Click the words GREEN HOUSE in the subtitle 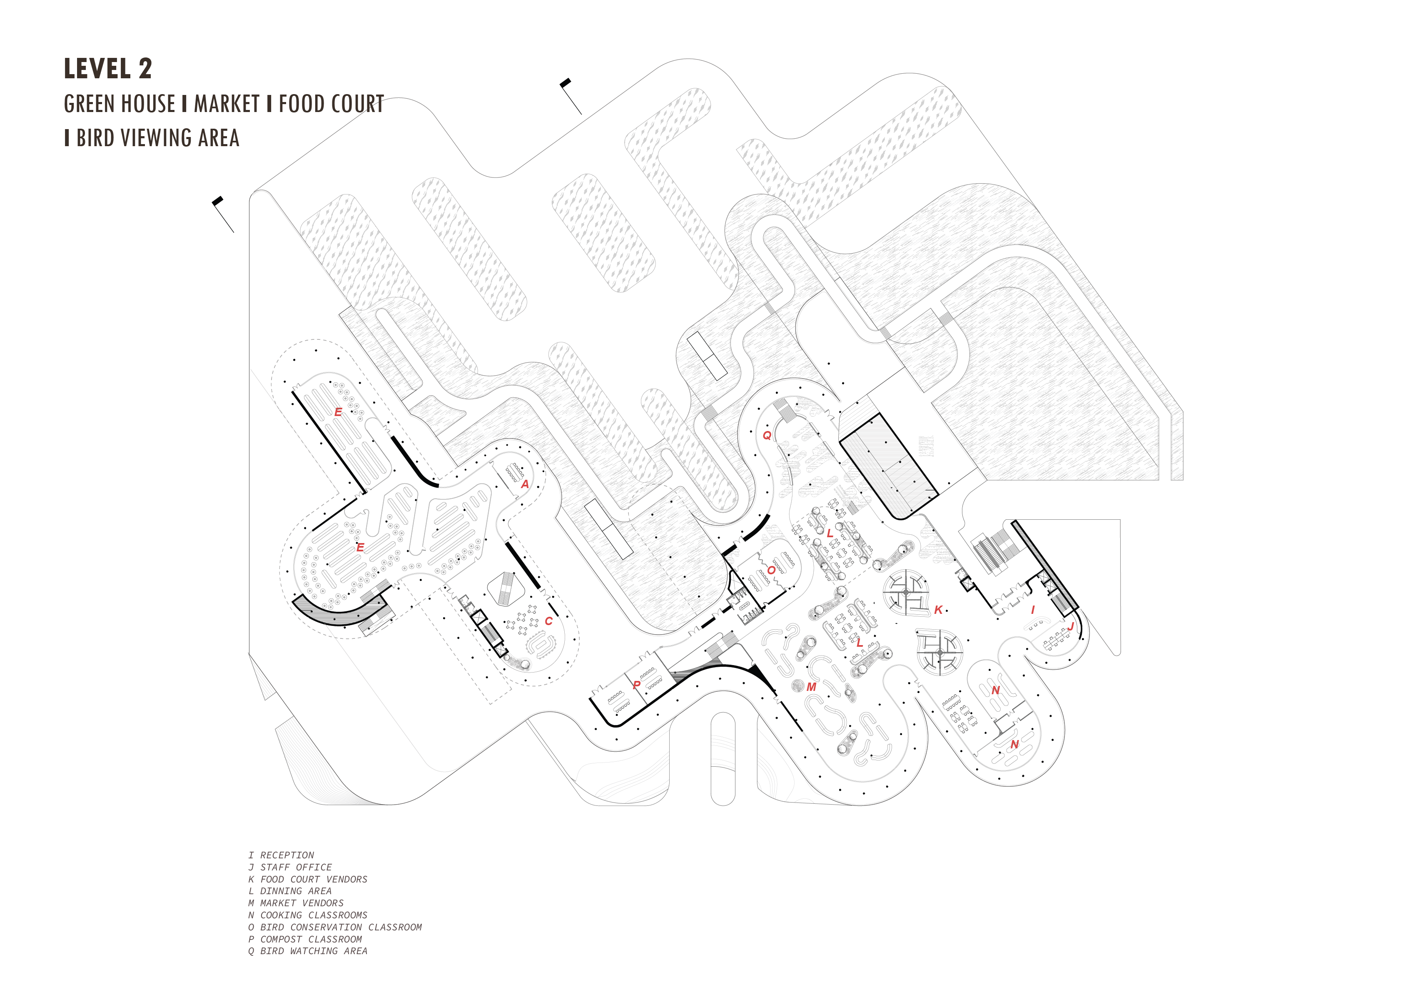click(x=120, y=104)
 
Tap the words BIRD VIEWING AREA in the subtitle click(x=158, y=138)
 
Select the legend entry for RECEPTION click(x=281, y=855)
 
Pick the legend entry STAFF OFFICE click(x=290, y=867)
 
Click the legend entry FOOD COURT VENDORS click(x=308, y=880)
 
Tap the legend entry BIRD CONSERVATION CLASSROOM click(x=335, y=927)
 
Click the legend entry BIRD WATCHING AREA click(x=308, y=951)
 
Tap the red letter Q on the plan click(x=767, y=435)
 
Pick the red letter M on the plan click(x=812, y=687)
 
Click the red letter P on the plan click(x=637, y=685)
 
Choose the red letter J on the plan click(x=1071, y=626)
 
